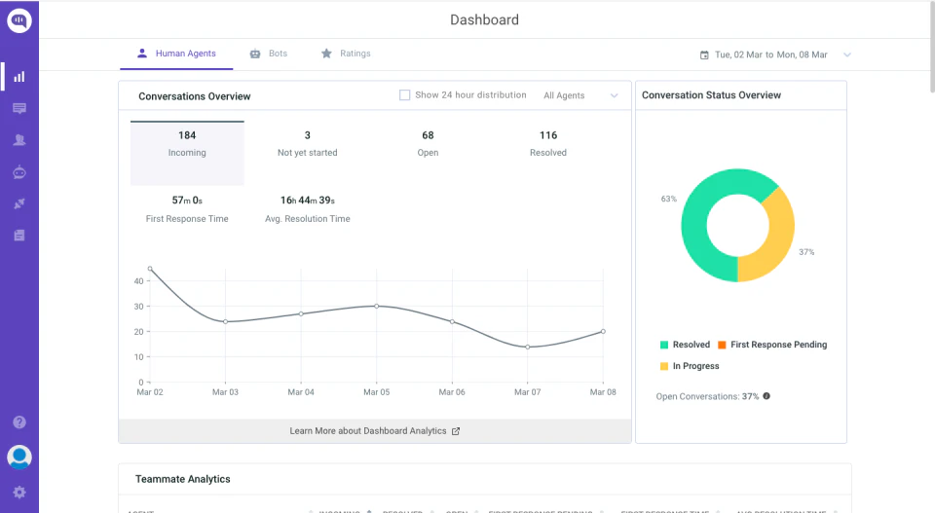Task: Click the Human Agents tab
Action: (176, 54)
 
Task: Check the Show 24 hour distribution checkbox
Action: (405, 95)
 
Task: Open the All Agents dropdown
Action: (580, 95)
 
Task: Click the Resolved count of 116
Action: (548, 136)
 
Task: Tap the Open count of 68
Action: (428, 136)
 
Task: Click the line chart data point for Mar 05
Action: (377, 306)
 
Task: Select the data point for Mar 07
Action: (527, 347)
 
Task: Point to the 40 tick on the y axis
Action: (138, 280)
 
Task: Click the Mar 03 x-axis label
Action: (225, 392)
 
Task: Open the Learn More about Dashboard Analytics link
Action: (375, 430)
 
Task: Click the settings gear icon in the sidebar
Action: (19, 493)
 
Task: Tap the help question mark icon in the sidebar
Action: (19, 422)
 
